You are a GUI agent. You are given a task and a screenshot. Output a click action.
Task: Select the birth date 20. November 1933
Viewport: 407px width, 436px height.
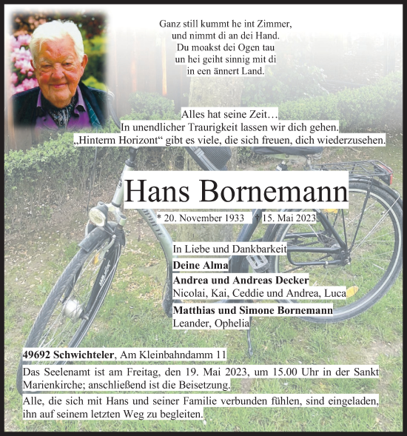tap(201, 218)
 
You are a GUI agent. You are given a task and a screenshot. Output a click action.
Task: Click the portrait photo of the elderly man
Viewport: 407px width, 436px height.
tap(59, 72)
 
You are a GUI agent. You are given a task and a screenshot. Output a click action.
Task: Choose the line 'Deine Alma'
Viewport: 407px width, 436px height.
tap(200, 266)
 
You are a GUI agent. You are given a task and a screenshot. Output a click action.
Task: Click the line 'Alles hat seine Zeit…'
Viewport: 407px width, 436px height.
tap(229, 115)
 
